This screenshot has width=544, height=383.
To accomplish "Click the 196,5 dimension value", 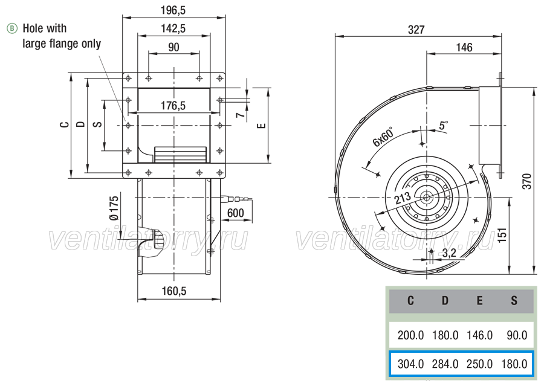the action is pos(173,10).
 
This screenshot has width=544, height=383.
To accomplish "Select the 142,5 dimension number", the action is pos(173,28).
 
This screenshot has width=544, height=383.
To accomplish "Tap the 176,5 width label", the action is pos(173,105).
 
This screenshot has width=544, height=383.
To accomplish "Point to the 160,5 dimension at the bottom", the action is pos(174,291).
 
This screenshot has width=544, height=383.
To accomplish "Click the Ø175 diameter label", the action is pos(114,208).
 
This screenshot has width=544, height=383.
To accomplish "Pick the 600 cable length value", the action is pos(236,213).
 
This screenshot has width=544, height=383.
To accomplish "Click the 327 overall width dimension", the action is pos(416,30).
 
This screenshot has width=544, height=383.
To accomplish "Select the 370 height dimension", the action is pos(527,181).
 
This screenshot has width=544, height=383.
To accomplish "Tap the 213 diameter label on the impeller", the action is pos(403,198).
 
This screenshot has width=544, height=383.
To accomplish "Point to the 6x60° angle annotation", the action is pos(383,137).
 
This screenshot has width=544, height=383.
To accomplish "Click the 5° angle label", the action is pos(444,125).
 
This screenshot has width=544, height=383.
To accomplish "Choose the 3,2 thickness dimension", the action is pos(449,253).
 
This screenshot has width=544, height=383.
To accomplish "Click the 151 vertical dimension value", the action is pos(502,234).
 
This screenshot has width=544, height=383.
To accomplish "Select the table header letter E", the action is pos(479,300).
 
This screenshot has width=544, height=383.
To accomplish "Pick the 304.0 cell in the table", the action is pos(410,364).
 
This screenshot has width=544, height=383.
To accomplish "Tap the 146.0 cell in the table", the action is pos(479,335).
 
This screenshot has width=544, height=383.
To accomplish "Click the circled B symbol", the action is pos(12,28).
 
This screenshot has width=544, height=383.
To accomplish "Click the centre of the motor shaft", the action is pos(426,198).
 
